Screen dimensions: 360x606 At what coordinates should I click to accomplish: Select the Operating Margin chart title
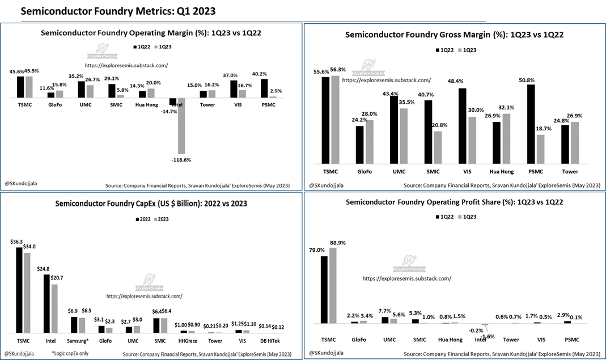coord(150,33)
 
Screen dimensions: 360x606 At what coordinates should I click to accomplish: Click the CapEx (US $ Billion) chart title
coord(150,204)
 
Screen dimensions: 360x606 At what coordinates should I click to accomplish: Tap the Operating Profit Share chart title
coord(454,201)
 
